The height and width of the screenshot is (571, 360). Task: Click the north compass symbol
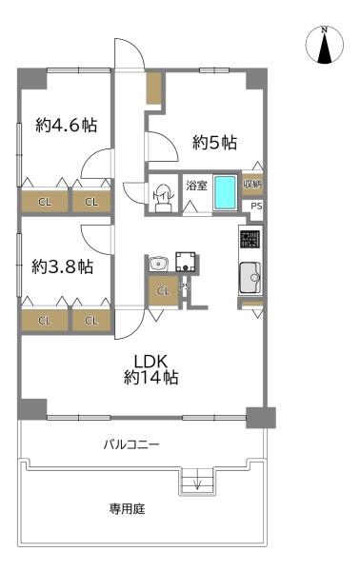326,47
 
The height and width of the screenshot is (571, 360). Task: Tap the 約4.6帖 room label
66,125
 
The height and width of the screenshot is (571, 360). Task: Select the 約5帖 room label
214,144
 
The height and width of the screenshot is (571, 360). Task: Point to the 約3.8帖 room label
61,266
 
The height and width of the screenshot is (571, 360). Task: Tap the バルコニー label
132,444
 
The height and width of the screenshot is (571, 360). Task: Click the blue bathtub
225,193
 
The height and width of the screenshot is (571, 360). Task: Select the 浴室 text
196,185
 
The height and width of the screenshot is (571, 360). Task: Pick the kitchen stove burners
250,240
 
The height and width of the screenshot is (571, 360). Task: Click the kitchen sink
250,277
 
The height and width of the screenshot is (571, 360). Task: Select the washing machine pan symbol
186,262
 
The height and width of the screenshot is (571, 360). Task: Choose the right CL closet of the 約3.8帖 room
91,321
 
